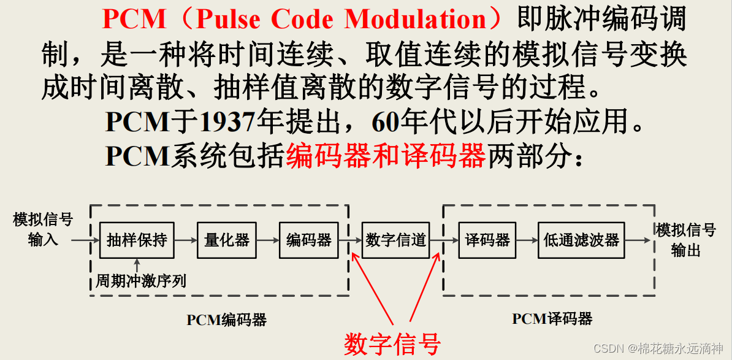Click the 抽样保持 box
137,240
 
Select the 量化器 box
227,240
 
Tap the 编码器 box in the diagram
309,240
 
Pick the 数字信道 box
395,240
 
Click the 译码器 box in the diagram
487,240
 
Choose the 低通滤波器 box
581,240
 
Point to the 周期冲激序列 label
141,281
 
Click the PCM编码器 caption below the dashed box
227,320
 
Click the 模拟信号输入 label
43,229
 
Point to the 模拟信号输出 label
685,240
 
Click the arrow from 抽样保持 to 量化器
186,240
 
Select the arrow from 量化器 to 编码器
268,240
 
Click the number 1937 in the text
227,123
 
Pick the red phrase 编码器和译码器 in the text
386,156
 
